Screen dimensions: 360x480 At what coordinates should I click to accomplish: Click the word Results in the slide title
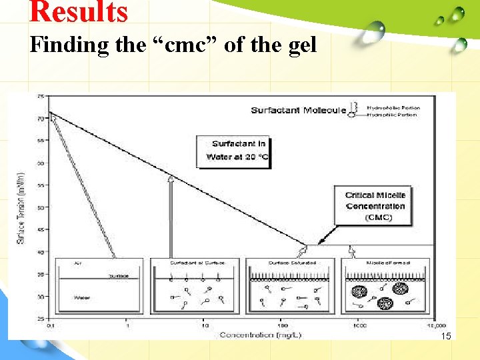[79, 12]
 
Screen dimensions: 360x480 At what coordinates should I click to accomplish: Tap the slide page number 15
[446, 337]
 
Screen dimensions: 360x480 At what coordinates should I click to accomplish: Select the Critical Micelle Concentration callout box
[375, 206]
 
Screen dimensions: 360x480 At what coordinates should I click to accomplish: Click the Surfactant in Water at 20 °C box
[233, 151]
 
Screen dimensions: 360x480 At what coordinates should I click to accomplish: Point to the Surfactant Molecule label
[298, 110]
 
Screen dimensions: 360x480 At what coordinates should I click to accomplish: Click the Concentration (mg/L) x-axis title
[261, 335]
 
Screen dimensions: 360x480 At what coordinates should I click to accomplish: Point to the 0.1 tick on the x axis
[49, 325]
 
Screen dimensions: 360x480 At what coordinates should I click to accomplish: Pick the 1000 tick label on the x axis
[359, 325]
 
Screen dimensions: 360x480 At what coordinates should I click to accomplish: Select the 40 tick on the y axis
[41, 251]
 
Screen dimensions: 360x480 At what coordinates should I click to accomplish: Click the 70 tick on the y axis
[41, 119]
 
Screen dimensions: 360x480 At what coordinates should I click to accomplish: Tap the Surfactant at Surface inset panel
[194, 285]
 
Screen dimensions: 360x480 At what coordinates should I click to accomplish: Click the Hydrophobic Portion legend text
[393, 107]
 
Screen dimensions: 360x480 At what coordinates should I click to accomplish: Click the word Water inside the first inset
[81, 297]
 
